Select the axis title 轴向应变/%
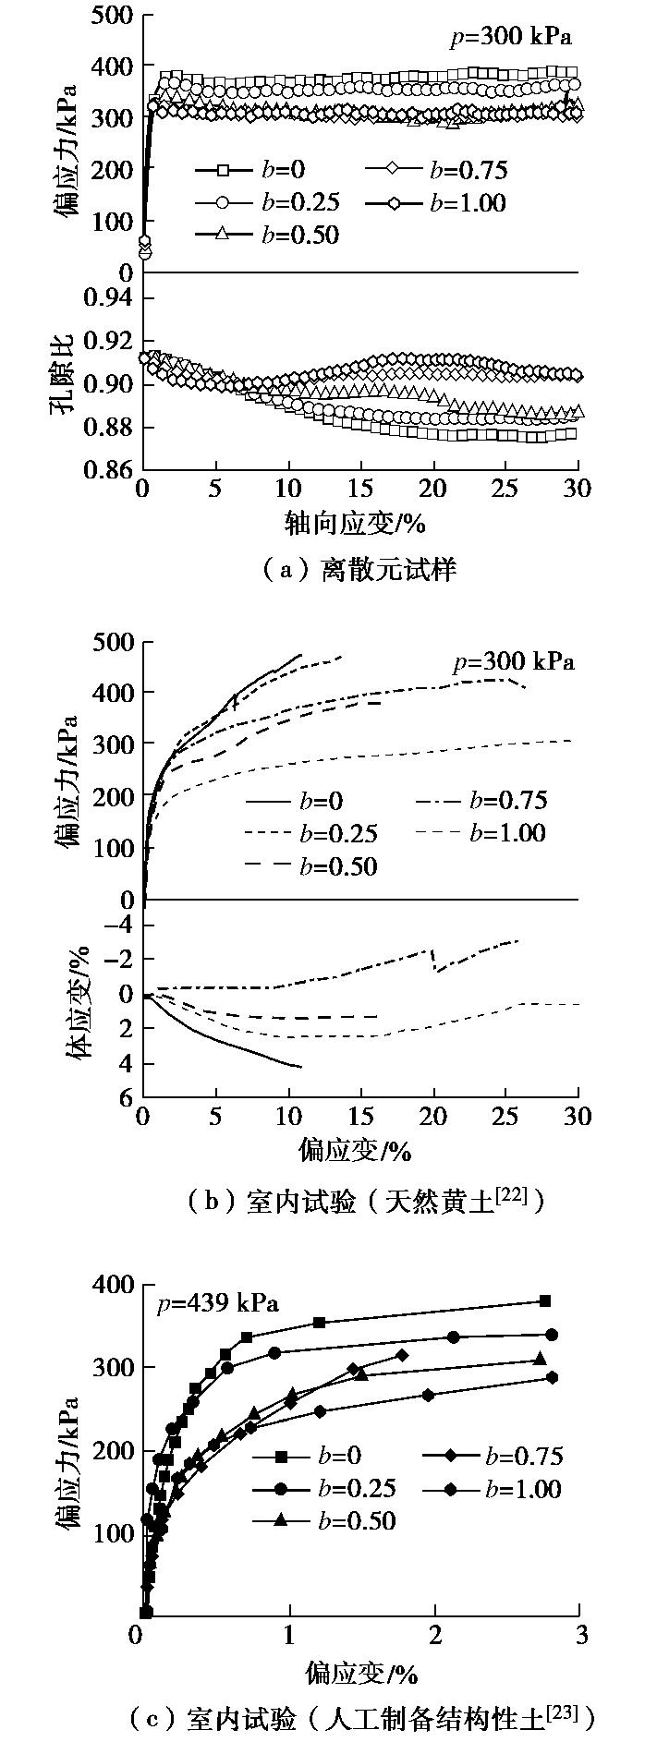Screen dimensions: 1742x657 (x=356, y=525)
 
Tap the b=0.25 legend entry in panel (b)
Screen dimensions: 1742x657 (x=337, y=833)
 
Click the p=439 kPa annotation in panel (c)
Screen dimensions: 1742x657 (x=218, y=1304)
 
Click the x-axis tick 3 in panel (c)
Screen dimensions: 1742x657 (x=579, y=1634)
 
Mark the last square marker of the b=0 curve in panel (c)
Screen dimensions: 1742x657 (x=545, y=1300)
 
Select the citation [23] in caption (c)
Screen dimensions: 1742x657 (x=560, y=1710)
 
